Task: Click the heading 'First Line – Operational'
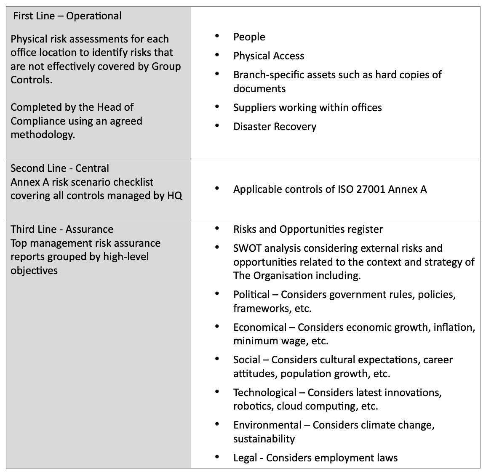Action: click(67, 16)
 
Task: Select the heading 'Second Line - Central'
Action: click(60, 168)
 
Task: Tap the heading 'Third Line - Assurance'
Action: click(62, 229)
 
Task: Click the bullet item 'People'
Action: click(249, 37)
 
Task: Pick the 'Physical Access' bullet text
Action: click(269, 56)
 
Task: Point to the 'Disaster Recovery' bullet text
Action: click(275, 127)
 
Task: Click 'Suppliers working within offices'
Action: click(307, 108)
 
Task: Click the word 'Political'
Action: click(251, 295)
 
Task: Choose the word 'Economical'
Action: click(260, 328)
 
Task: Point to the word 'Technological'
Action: click(265, 393)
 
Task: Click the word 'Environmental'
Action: click(267, 425)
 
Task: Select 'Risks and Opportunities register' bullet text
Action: click(308, 229)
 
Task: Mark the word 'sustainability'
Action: click(264, 439)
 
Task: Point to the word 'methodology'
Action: click(42, 135)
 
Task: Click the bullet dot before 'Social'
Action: click(217, 359)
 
